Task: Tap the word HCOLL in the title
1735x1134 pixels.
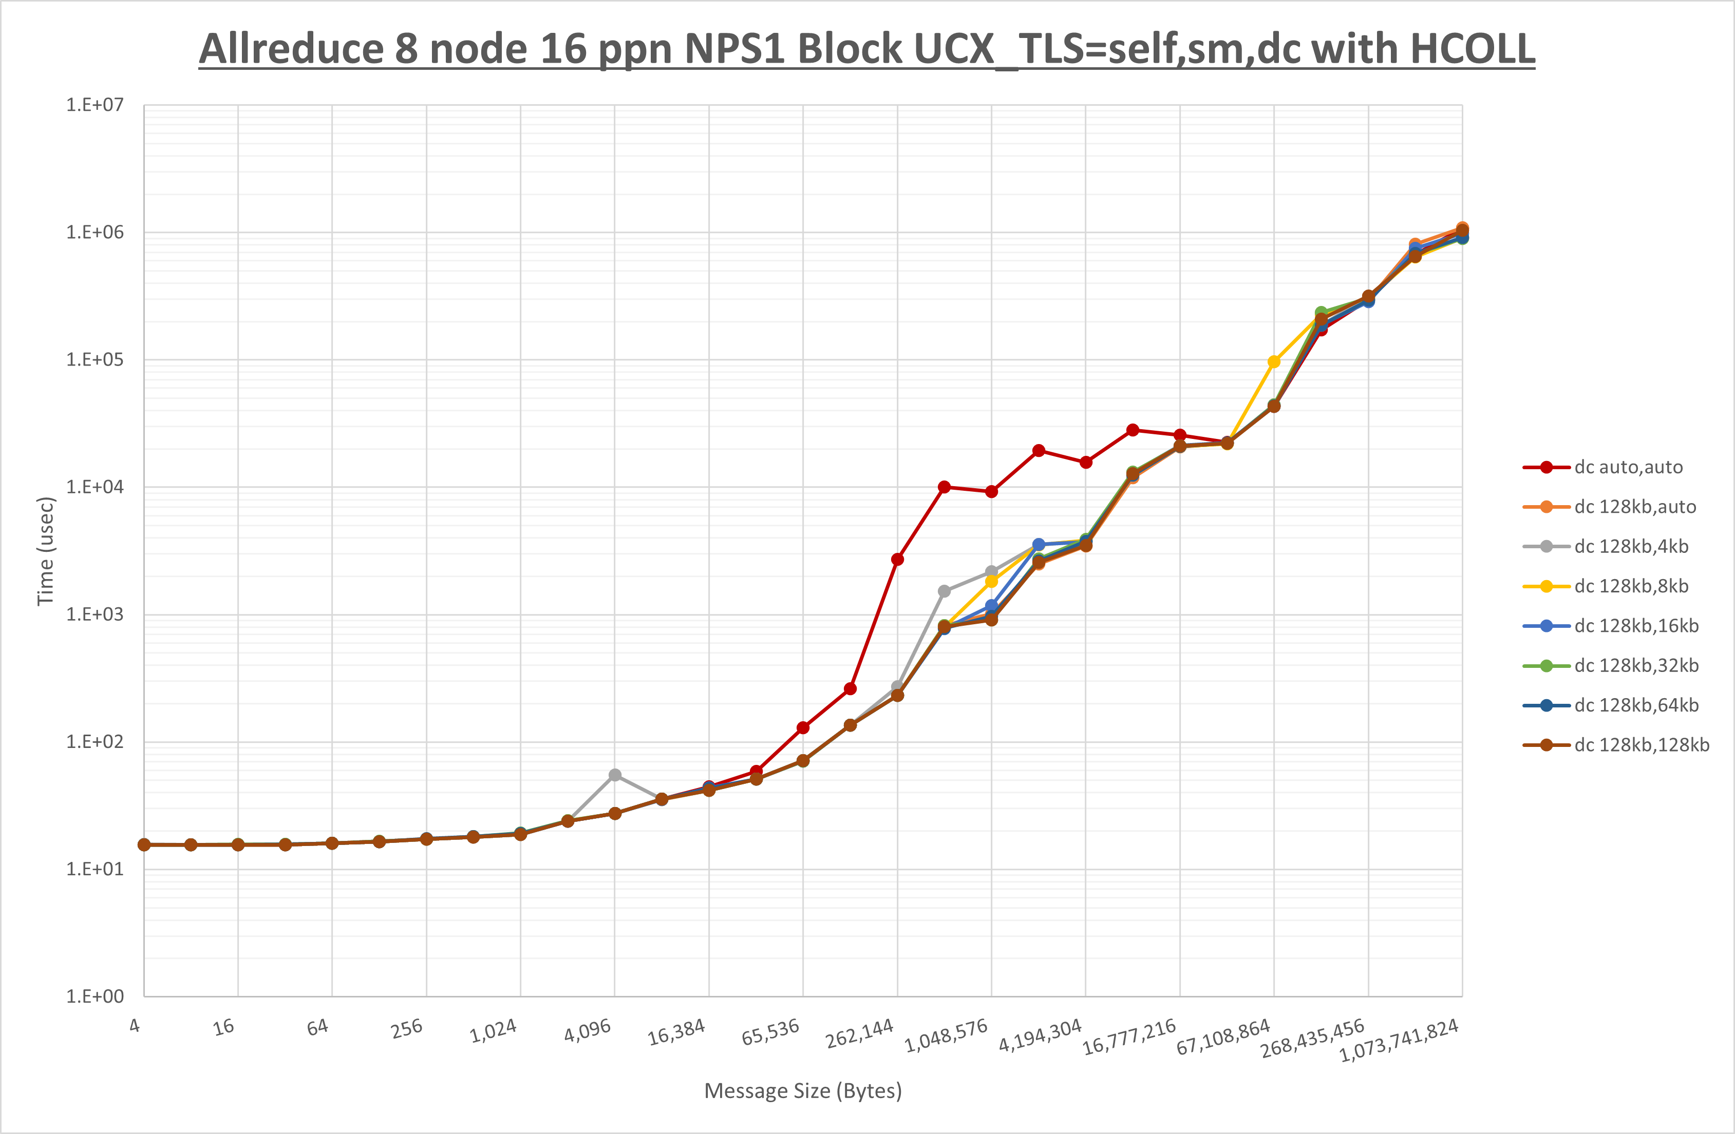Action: pos(1473,50)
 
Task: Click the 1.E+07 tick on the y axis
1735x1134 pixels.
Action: pos(95,105)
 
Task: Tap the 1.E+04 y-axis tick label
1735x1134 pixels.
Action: pos(95,487)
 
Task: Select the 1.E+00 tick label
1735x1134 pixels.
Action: pos(95,996)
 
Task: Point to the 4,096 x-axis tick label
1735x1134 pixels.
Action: pos(588,1030)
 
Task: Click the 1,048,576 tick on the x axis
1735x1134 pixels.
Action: pos(946,1035)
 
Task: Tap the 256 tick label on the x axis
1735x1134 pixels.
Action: pos(407,1028)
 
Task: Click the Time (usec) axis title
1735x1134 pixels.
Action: pos(45,551)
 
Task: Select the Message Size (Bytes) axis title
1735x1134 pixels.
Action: pos(803,1091)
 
